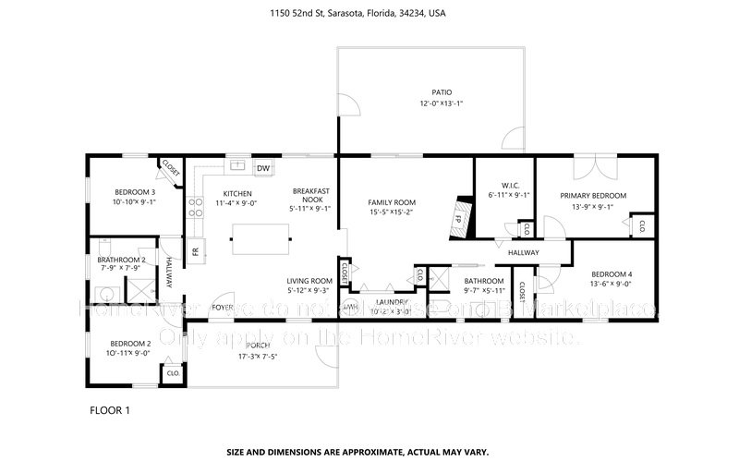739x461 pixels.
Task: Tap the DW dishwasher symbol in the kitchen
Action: [263, 168]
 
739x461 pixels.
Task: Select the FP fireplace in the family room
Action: [456, 220]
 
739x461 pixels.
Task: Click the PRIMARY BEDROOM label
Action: [593, 195]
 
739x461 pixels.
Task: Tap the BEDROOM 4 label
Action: [612, 273]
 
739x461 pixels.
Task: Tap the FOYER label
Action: [223, 307]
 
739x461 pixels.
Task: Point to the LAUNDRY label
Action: [392, 301]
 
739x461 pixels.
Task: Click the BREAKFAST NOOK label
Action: [308, 194]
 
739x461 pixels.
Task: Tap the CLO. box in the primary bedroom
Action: [640, 224]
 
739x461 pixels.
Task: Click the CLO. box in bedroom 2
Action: [171, 373]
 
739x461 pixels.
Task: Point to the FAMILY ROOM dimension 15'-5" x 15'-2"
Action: [392, 212]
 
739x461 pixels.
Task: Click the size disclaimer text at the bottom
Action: [369, 452]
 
